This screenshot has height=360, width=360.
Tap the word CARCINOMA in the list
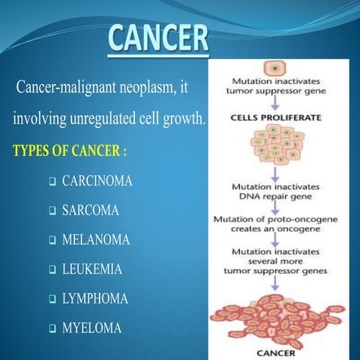tap(97, 181)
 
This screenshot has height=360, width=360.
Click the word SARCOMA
tap(90, 211)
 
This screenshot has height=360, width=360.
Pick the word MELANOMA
tap(95, 240)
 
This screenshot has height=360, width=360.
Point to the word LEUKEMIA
tap(91, 268)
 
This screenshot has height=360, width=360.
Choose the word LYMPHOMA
tap(94, 298)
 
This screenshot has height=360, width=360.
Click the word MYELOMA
tap(91, 328)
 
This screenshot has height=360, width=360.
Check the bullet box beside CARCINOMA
tap(52, 182)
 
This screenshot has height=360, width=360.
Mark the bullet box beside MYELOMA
tap(52, 328)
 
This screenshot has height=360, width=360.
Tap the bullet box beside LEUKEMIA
tap(52, 269)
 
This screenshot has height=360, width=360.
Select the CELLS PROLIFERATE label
tap(275, 118)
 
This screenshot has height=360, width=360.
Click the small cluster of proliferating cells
tap(275, 146)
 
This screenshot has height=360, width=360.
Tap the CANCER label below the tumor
tap(275, 352)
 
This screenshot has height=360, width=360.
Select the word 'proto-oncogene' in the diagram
tap(295, 219)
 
